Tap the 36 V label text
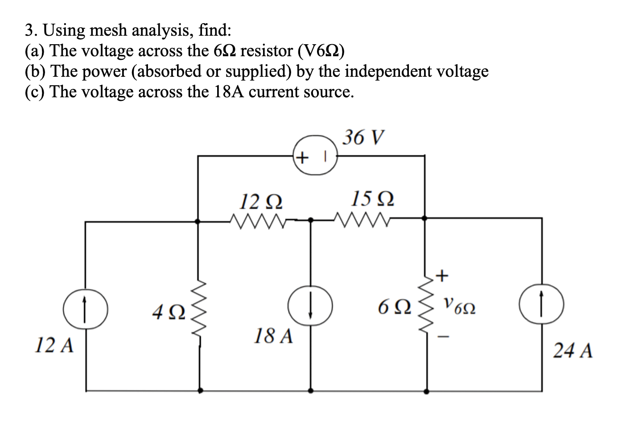pos(363,137)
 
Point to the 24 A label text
pos(573,351)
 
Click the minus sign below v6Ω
pos(441,338)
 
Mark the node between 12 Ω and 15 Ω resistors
pos(311,220)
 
